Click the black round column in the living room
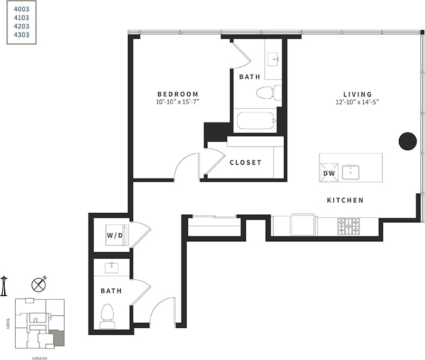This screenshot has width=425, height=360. (x=408, y=140)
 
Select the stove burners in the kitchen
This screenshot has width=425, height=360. (x=348, y=226)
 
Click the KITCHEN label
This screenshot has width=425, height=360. (x=345, y=201)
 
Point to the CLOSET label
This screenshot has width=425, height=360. (x=245, y=163)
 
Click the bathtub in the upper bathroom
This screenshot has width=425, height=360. (x=256, y=120)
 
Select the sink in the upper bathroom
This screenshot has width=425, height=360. (x=273, y=59)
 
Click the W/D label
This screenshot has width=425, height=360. (x=114, y=235)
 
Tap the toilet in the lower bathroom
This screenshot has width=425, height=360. (x=108, y=315)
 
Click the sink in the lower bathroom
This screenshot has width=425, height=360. (x=111, y=268)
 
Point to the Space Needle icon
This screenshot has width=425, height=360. (x=4, y=286)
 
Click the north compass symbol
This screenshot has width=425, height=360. (x=39, y=285)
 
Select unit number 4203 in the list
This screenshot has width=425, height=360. (x=22, y=26)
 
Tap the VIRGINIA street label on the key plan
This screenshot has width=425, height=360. (x=40, y=357)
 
